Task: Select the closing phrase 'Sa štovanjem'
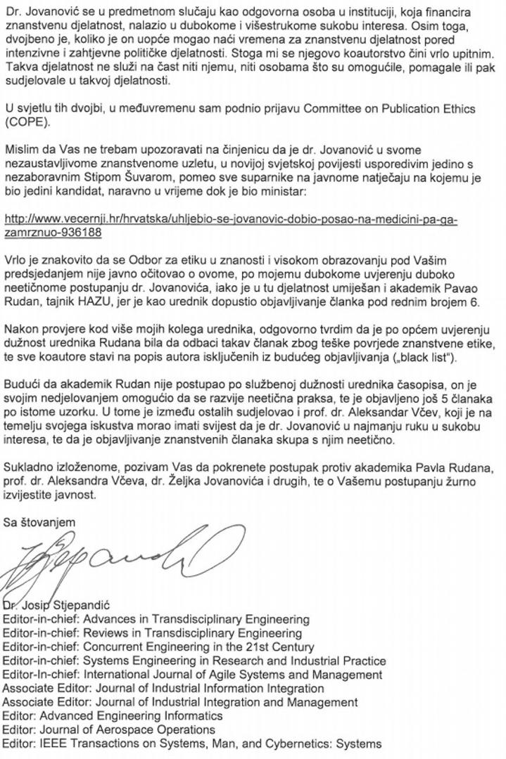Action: click(x=38, y=521)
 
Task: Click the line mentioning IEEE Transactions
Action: click(x=192, y=743)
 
